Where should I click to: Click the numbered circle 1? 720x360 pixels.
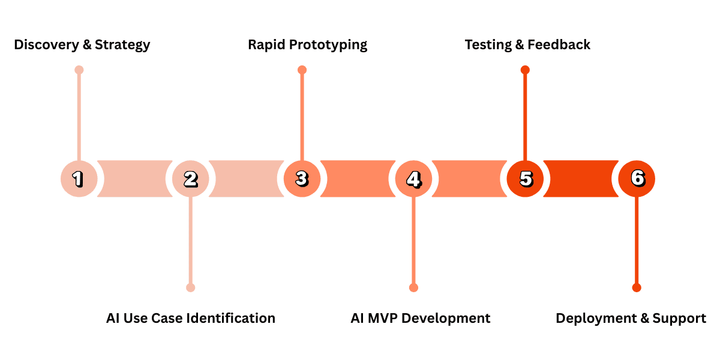(79, 178)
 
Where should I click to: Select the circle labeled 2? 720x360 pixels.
(190, 178)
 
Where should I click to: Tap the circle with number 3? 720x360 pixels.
(302, 178)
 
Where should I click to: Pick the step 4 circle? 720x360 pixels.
(413, 178)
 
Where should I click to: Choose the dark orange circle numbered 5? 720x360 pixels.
(525, 178)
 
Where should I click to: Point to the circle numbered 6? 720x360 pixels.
(637, 178)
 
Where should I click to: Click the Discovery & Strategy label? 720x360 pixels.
(82, 44)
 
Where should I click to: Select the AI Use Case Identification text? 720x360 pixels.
(190, 318)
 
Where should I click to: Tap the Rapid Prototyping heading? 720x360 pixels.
(307, 44)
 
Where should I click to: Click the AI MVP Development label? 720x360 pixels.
(420, 318)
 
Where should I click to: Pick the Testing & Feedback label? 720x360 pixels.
(527, 44)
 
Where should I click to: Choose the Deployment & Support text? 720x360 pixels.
(631, 318)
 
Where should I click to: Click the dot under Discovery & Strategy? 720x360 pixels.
(79, 70)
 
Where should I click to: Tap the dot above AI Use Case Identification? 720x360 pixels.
(190, 287)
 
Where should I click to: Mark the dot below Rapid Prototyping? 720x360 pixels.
(302, 70)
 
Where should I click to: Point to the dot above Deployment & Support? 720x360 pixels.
(637, 287)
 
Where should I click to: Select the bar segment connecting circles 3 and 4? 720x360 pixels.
(358, 178)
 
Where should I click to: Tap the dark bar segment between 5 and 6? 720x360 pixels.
(581, 178)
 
